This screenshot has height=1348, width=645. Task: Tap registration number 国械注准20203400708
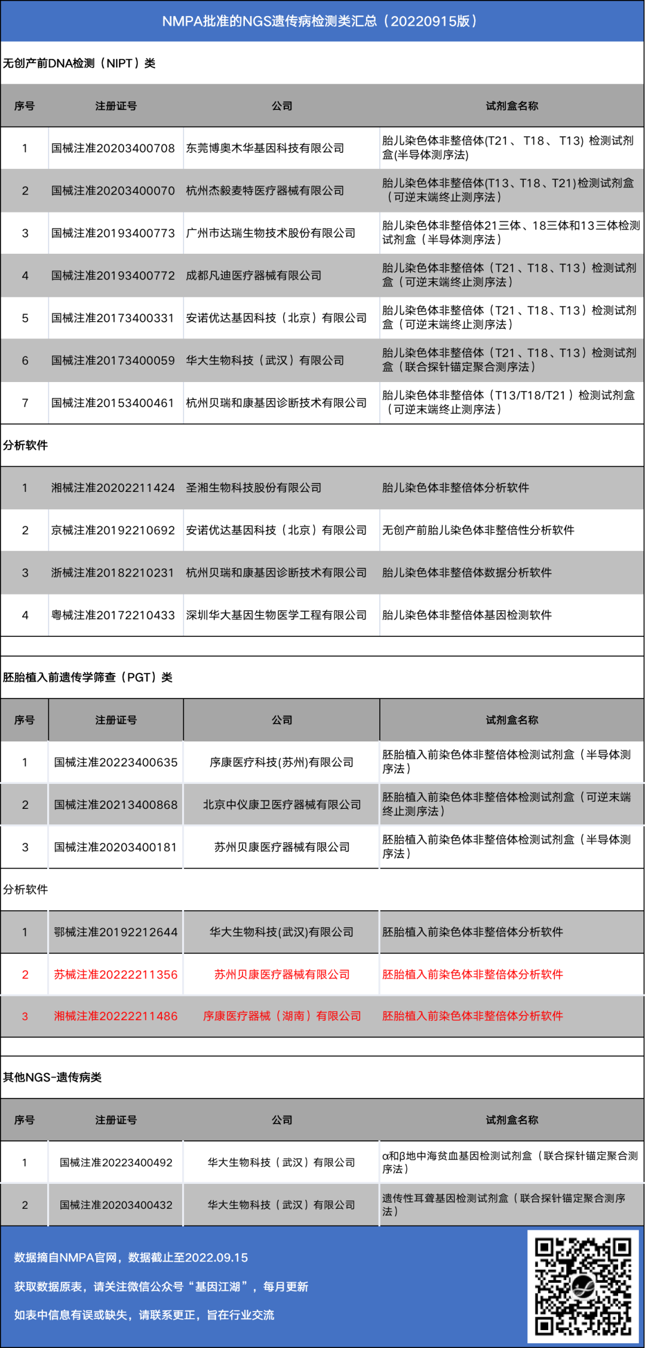113,148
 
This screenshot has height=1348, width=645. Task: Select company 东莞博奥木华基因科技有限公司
265,148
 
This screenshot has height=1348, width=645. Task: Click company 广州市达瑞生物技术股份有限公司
271,233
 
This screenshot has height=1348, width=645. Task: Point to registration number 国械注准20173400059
113,361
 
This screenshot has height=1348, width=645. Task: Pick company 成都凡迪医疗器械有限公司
253,276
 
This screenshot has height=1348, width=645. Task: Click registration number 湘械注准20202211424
113,488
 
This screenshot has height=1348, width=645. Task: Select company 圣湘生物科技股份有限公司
253,488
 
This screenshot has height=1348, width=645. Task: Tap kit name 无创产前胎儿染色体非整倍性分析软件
478,530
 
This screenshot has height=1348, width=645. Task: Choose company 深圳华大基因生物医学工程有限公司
276,615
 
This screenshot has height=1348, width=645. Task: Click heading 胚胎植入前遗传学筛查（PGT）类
88,677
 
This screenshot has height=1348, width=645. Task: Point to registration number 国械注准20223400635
116,762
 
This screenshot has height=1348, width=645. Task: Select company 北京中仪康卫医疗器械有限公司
282,805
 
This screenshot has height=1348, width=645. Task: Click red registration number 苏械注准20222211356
116,974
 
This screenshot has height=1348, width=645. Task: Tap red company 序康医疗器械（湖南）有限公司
282,1016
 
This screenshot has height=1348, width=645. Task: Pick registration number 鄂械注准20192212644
116,932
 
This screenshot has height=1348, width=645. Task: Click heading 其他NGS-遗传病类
53,1077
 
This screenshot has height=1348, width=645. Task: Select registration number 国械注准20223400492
116,1162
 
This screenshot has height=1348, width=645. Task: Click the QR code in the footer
583,1287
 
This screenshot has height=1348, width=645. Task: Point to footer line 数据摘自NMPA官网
131,1257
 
